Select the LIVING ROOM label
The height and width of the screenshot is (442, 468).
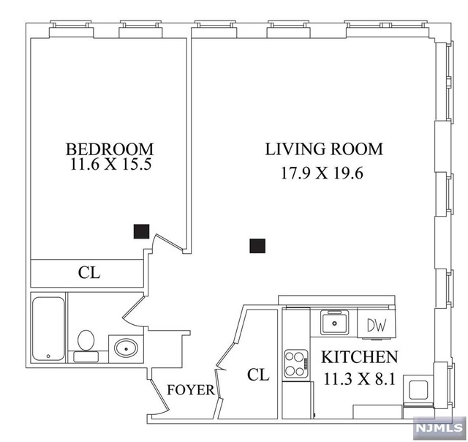pos(324,149)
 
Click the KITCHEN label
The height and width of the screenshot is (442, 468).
pos(361,358)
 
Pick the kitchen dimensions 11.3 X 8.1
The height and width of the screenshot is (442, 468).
pos(361,381)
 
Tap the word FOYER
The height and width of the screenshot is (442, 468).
pos(191,390)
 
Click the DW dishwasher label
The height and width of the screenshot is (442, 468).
pos(376,323)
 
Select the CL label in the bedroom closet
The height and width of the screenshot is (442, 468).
pos(89,274)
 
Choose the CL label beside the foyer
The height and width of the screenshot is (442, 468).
pos(257,375)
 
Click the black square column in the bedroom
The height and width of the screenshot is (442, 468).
pos(142,231)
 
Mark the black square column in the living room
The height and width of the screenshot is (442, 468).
pos(257,246)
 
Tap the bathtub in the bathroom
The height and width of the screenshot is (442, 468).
pos(48,329)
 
